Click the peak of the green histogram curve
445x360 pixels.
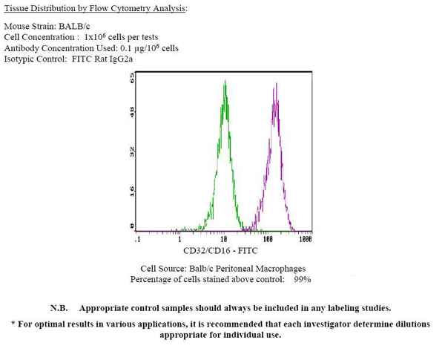[x=224, y=82]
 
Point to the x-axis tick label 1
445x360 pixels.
[x=180, y=240]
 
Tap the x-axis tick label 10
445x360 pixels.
[x=223, y=240]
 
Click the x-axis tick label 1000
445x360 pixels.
[x=306, y=240]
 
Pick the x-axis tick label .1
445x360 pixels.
[x=138, y=240]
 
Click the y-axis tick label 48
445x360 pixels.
[x=131, y=112]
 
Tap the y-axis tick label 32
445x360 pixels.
[x=131, y=151]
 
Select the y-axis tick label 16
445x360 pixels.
[x=131, y=191]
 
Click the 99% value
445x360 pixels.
[x=302, y=280]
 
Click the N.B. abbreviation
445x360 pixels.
[x=59, y=308]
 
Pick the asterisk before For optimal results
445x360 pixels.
[x=14, y=324]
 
